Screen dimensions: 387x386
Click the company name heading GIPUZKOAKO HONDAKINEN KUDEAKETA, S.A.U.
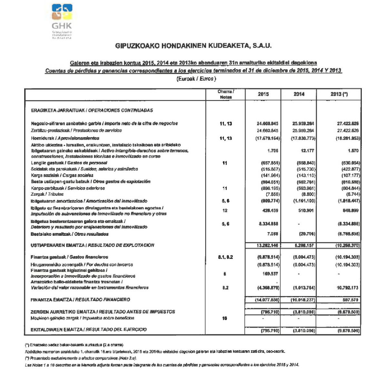pos(193,46)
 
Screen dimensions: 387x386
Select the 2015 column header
pos(263,94)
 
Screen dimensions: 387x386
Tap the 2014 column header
pos(299,94)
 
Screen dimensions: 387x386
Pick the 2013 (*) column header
pos(339,94)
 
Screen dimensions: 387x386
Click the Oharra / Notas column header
pos(226,94)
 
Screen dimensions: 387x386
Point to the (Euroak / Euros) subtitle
pos(196,79)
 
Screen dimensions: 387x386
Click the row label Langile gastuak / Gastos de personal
pos(69,163)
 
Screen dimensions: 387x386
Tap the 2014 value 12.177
pos(308,151)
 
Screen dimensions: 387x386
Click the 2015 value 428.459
pos(270,211)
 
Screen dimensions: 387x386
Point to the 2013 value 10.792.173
pos(348,288)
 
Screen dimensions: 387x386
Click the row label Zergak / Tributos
pos(47,194)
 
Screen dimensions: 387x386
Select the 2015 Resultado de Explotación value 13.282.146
pos(267,245)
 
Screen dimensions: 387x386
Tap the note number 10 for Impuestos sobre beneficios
pos(224,318)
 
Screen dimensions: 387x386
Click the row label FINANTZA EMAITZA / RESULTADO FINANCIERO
pos(80,300)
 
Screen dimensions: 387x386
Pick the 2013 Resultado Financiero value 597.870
pos(351,300)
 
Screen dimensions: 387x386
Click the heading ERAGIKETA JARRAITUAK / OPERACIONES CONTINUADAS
pos(92,110)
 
